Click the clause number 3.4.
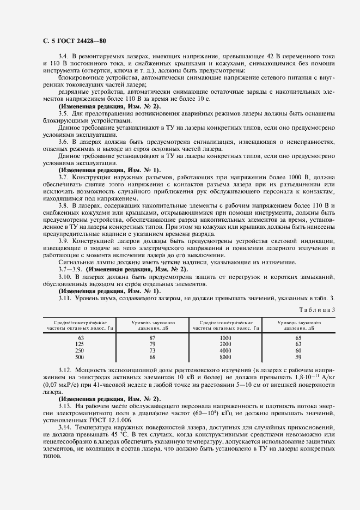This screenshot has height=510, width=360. click(x=63, y=56)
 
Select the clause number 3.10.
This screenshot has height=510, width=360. click(x=65, y=277)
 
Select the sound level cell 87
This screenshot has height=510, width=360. click(x=152, y=338)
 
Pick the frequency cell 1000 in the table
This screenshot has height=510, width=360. click(x=226, y=338)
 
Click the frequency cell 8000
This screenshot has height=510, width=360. click(x=226, y=357)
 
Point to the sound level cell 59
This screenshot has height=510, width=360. click(x=298, y=357)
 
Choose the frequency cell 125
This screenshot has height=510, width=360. click(x=81, y=344)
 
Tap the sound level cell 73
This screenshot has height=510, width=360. click(x=152, y=350)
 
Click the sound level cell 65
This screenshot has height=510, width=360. click(x=298, y=338)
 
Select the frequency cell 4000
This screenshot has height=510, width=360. click(x=226, y=350)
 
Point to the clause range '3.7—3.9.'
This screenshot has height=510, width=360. click(x=71, y=269)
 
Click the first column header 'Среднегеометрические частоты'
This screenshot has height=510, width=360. click(x=76, y=326)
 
